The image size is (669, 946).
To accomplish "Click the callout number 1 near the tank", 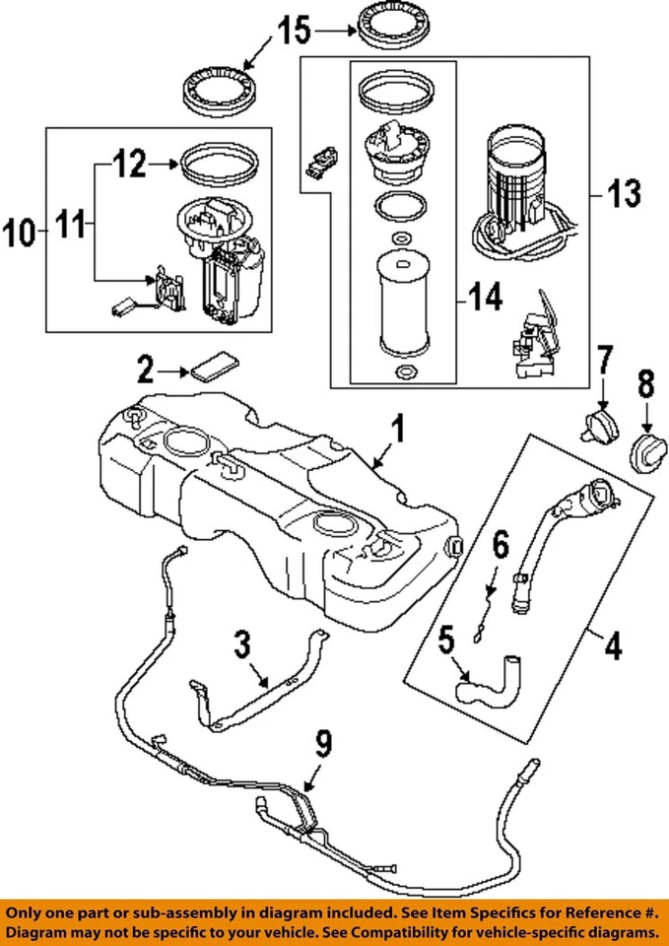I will [x=398, y=431].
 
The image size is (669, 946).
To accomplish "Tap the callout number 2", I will [x=145, y=371].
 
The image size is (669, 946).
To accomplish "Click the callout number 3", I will [x=243, y=648].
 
